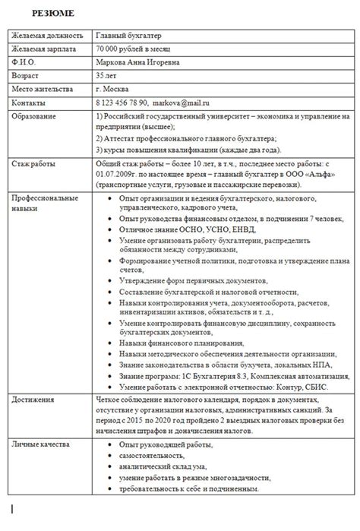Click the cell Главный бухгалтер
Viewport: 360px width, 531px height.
tap(129, 36)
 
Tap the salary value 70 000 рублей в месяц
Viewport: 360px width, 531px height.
tap(143, 49)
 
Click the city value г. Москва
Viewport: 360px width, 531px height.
tap(115, 89)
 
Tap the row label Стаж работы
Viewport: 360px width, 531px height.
tap(34, 163)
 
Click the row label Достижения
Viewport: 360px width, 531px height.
tap(33, 399)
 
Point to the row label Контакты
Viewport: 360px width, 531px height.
tap(29, 103)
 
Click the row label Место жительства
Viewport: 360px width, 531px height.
tap(43, 89)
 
